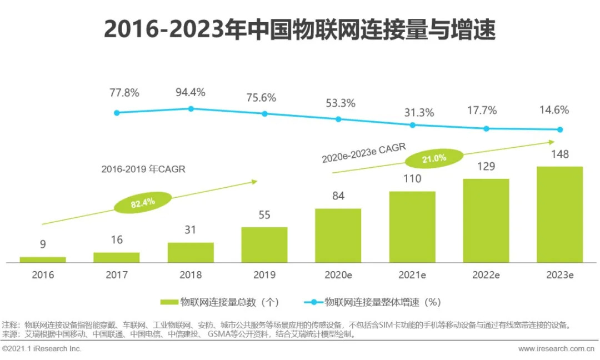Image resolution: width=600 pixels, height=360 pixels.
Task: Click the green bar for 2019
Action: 264,244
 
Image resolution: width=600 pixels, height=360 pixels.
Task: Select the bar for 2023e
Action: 559,214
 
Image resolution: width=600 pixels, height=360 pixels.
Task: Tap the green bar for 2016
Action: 43,259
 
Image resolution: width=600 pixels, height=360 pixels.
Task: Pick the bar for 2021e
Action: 412,227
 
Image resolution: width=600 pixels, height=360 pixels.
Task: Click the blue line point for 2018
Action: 191,109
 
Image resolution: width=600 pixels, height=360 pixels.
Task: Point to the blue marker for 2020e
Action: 338,119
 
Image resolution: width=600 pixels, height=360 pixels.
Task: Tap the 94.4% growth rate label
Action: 191,92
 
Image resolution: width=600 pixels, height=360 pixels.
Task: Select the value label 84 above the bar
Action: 338,196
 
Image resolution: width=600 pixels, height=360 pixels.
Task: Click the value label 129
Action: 486,166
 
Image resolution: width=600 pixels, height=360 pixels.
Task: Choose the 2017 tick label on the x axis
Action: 117,275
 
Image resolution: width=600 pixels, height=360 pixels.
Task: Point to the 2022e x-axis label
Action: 486,275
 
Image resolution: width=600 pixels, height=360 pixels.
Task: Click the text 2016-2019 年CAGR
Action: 143,170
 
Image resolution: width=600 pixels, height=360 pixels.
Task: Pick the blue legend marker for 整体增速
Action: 314,302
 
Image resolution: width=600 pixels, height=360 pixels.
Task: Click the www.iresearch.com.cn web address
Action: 557,349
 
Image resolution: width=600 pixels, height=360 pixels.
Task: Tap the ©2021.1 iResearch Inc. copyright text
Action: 42,349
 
